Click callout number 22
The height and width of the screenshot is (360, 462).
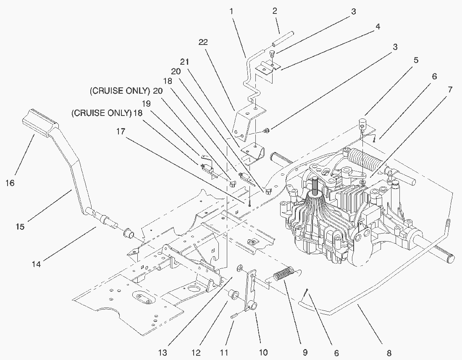[x=204, y=42]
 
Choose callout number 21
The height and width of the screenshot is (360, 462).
[x=184, y=61]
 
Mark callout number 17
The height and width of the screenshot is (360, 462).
[x=121, y=131]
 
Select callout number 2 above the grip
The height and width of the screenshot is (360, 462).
[x=275, y=11]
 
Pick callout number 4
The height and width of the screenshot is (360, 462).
[x=378, y=26]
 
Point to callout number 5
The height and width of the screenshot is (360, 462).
[x=416, y=60]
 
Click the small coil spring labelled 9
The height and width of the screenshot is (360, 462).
[x=285, y=276]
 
